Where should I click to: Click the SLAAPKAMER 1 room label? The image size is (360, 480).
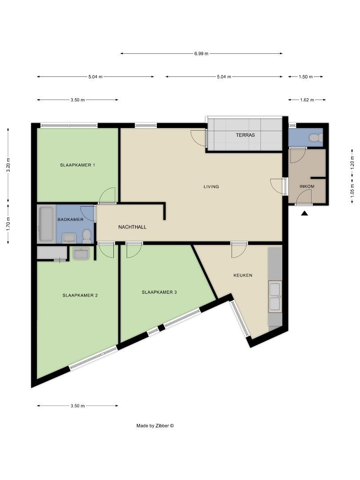click(78, 165)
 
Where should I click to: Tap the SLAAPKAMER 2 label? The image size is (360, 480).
click(80, 295)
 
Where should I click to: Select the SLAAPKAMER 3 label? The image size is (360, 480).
click(159, 292)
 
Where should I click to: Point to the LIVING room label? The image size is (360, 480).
click(211, 187)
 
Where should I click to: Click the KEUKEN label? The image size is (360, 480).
click(243, 275)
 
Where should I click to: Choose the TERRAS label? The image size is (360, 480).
click(245, 135)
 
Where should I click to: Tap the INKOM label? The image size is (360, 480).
click(307, 186)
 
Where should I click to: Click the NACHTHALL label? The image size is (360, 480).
click(132, 227)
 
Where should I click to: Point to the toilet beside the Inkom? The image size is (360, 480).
click(316, 137)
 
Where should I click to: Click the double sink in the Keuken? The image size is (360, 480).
click(275, 296)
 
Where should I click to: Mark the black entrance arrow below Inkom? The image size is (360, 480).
click(304, 214)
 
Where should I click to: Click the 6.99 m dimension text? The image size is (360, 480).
click(201, 54)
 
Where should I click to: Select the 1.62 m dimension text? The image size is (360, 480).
click(307, 100)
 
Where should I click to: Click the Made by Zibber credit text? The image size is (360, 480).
click(155, 426)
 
